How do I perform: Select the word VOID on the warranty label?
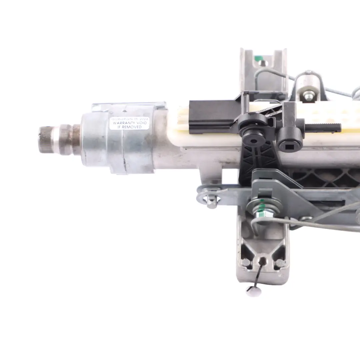pos(140,123)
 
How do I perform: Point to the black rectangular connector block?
pos(210,112)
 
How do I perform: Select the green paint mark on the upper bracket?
pos(257,60)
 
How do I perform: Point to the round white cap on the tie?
pos(253,291)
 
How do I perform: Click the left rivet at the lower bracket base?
pos(246,262)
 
